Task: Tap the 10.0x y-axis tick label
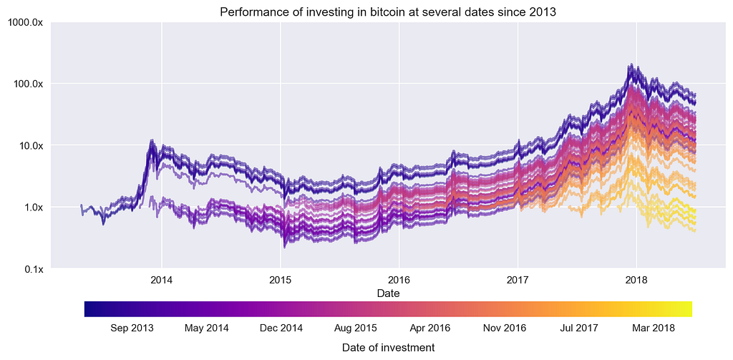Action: click(29, 145)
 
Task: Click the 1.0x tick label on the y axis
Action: click(32, 208)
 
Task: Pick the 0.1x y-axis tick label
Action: click(32, 269)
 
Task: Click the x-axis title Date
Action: click(388, 293)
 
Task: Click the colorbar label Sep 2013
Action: click(132, 329)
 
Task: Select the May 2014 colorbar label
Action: click(207, 329)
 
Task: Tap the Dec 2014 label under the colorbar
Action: click(281, 329)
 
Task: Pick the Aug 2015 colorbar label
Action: click(356, 329)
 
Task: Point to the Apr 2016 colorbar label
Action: click(429, 329)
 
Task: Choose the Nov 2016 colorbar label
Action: click(505, 329)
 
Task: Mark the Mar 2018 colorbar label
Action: click(654, 329)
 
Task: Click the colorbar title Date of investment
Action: click(388, 347)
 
